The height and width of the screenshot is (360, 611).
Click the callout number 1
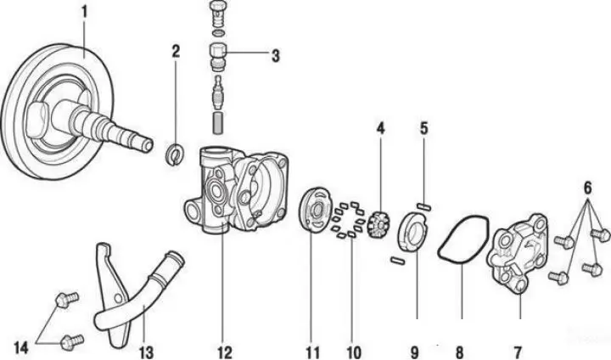84,13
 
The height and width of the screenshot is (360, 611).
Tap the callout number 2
176,52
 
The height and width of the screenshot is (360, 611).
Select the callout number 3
276,56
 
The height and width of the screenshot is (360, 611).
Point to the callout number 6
587,188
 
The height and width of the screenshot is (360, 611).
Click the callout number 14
21,348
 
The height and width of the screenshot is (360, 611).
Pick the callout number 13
146,352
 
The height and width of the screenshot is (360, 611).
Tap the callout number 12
224,352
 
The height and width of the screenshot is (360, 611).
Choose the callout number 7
517,352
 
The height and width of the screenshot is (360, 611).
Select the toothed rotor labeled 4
377,226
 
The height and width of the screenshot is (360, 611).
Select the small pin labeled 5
424,205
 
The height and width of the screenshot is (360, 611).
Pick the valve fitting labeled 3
218,58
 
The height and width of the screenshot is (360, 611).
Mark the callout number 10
353,352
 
